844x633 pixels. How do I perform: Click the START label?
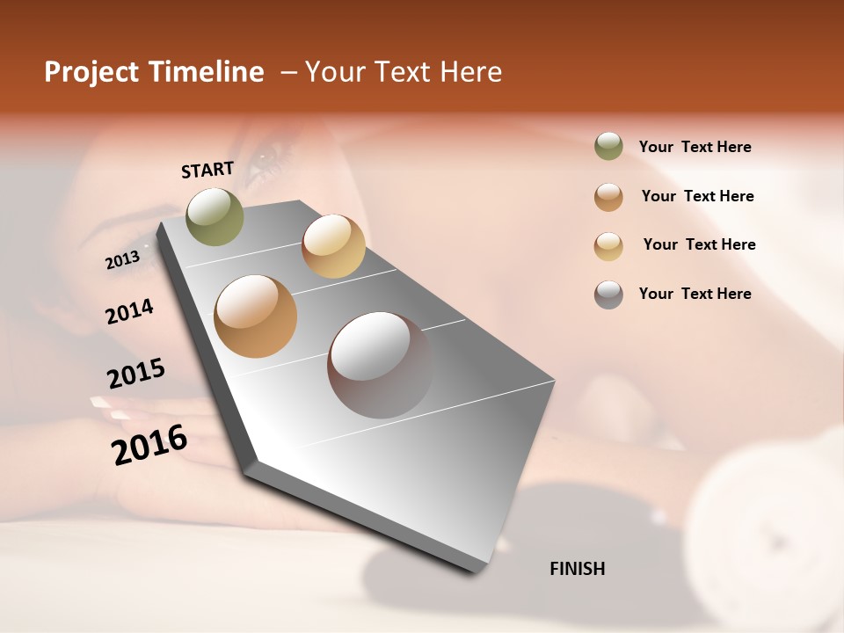[207, 169]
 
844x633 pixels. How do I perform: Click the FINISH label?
[577, 569]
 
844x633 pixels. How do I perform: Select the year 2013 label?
[122, 260]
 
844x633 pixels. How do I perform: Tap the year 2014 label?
[129, 311]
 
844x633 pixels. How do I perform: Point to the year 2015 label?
[136, 374]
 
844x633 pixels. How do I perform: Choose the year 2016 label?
[149, 445]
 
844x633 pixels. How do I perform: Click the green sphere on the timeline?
[215, 216]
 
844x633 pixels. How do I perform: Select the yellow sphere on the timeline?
[333, 246]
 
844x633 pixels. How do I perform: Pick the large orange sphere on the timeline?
[256, 316]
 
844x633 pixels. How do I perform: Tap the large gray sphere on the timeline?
[380, 364]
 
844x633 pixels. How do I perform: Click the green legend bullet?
[608, 146]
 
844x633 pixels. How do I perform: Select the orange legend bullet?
[608, 196]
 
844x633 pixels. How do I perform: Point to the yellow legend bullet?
[608, 245]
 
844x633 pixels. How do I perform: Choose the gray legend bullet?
[608, 294]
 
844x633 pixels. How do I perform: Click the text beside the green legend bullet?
[695, 147]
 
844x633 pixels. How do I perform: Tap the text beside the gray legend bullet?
[695, 294]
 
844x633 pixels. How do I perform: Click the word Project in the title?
[92, 72]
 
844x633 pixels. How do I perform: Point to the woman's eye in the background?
[269, 161]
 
